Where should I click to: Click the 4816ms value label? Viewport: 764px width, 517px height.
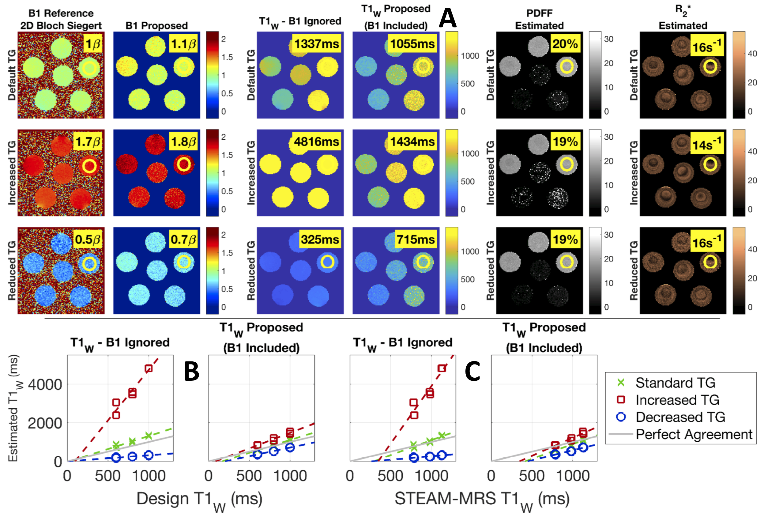click(x=316, y=142)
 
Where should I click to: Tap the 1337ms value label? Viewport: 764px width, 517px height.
click(x=316, y=44)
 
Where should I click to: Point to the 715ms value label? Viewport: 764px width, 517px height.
click(x=416, y=240)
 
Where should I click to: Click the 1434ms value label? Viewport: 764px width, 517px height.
click(x=412, y=142)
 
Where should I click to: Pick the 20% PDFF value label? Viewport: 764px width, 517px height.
click(x=565, y=44)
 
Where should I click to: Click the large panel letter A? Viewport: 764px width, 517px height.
click(x=448, y=18)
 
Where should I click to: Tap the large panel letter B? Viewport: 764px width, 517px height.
click(x=192, y=371)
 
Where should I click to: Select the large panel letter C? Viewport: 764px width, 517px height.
click(x=472, y=371)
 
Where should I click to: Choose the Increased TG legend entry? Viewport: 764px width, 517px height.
click(x=677, y=400)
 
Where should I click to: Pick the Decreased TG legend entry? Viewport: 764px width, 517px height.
click(x=680, y=417)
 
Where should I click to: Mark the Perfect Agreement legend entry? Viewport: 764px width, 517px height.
click(x=694, y=434)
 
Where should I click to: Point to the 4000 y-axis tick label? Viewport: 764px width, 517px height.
click(x=45, y=384)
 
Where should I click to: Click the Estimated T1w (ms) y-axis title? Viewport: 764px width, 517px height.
click(x=14, y=408)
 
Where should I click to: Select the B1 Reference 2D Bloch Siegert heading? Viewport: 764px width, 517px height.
click(x=61, y=19)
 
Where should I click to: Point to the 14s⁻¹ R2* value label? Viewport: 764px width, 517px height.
click(x=706, y=144)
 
